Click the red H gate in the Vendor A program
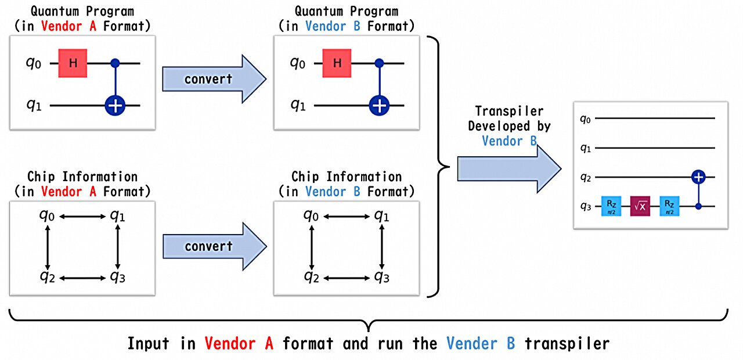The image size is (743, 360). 73,63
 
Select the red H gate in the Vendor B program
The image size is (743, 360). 337,63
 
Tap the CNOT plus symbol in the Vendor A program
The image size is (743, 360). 115,106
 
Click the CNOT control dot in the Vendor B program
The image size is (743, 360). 379,63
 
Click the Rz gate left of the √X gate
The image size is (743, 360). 611,206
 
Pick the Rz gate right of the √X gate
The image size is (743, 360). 669,206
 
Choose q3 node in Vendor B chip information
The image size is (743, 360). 381,276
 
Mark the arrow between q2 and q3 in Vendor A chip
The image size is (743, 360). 83,278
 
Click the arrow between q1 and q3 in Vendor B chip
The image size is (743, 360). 381,246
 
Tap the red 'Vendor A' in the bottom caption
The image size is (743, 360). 239,344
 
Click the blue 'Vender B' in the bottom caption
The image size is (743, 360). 480,344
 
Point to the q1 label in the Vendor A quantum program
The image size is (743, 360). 34,106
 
